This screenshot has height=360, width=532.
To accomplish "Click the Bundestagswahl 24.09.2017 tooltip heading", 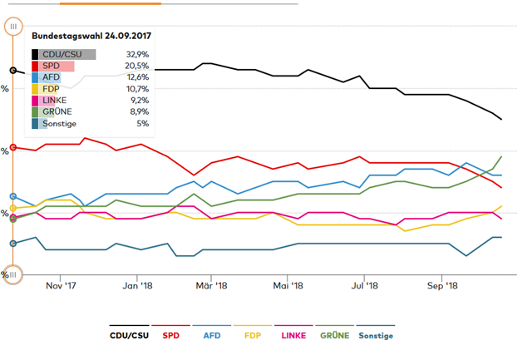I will click(91, 37).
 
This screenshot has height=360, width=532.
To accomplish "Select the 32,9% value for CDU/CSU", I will click(137, 54).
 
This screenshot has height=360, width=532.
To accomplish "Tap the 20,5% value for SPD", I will click(137, 66).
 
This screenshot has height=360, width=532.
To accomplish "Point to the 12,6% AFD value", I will click(137, 77).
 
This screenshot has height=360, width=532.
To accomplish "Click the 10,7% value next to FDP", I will click(137, 89).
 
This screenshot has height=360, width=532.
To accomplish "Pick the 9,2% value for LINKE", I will click(139, 101).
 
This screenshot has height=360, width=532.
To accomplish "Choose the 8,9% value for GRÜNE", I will click(139, 111).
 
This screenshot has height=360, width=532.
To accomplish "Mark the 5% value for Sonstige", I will click(143, 123).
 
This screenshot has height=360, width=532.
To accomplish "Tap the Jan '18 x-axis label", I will click(137, 285).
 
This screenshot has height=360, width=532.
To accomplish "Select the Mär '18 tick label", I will click(212, 285).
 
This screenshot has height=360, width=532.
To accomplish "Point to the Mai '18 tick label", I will click(288, 285).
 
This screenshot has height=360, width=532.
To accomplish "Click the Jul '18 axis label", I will click(365, 285).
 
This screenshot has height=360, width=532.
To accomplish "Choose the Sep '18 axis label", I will click(442, 285).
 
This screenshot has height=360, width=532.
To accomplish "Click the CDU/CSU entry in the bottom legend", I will click(130, 336).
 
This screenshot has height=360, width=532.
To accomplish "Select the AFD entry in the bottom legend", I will click(212, 336).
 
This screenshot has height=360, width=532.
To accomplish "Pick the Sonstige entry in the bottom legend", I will click(376, 336).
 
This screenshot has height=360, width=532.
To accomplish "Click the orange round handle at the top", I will click(13, 27).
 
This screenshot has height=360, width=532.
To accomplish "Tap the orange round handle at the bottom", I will click(13, 274).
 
